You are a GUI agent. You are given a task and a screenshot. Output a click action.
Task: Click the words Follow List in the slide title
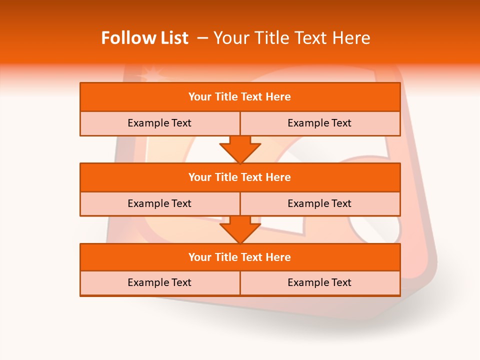(144, 38)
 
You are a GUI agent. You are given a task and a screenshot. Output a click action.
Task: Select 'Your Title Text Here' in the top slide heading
(291, 38)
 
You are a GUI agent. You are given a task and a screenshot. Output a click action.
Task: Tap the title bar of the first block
(239, 97)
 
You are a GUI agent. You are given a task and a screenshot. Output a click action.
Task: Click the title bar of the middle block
(239, 177)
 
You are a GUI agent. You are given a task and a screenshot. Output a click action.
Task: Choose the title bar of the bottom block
(239, 257)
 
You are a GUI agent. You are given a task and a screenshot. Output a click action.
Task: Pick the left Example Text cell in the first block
(159, 123)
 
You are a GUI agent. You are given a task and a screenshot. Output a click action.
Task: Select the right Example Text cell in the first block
(319, 123)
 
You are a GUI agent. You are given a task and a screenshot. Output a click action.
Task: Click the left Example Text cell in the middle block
(159, 203)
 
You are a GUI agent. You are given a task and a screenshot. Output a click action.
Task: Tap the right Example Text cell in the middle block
(319, 203)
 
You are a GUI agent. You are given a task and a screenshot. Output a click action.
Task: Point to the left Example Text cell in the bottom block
(159, 282)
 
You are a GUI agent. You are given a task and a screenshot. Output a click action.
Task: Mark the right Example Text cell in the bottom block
(319, 282)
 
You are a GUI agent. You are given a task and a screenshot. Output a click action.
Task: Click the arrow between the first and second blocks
(240, 149)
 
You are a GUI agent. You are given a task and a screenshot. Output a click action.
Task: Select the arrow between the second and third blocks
(240, 229)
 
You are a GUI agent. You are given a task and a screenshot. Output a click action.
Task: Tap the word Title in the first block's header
(226, 97)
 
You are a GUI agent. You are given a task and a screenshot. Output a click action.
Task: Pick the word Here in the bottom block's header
(278, 257)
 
